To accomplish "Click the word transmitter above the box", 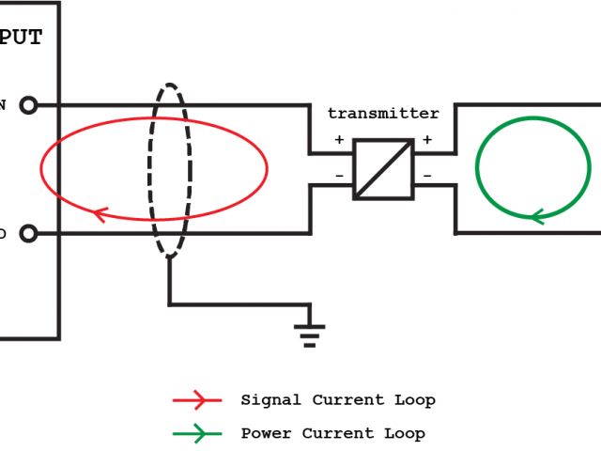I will point(383,114).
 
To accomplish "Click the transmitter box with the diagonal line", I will point(383,169).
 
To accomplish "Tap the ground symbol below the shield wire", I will point(310,334).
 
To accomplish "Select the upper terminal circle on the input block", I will point(28,104).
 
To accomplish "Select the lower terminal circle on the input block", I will point(28,233).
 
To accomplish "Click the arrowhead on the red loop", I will point(98,213).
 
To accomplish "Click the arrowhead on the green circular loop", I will point(538,216).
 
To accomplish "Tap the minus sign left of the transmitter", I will point(339,176).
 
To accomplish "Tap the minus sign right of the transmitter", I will point(427,176).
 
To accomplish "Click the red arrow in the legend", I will point(196,400).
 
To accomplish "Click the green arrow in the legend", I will point(196,434).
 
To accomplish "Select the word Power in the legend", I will point(267,434).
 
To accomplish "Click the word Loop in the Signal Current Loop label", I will point(414,400).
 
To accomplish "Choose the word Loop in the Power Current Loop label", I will point(404,434).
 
